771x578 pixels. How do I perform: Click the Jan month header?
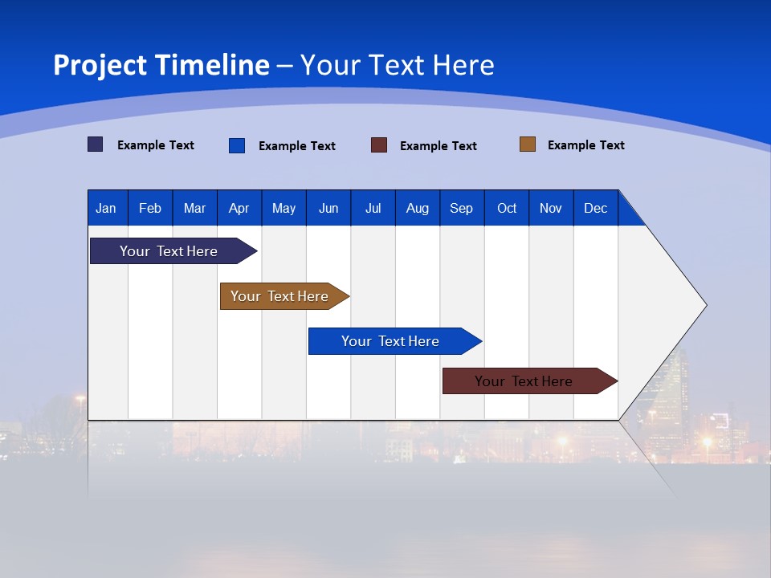(106, 208)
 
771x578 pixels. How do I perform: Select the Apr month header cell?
(239, 208)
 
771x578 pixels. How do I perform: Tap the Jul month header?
(373, 208)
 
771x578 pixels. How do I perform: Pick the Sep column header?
(461, 208)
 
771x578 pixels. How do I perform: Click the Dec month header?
(595, 208)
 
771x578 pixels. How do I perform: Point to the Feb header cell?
(150, 208)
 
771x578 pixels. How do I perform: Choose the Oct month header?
(507, 208)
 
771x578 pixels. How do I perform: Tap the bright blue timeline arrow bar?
(391, 341)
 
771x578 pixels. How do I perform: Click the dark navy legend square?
(96, 144)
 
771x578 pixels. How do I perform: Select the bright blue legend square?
(237, 145)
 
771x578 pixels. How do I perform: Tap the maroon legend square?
(379, 145)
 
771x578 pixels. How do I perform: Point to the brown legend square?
(528, 144)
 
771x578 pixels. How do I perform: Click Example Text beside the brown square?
(585, 145)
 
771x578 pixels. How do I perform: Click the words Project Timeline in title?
(161, 65)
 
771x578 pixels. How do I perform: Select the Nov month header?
(551, 208)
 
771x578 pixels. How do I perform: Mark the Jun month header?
(328, 208)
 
